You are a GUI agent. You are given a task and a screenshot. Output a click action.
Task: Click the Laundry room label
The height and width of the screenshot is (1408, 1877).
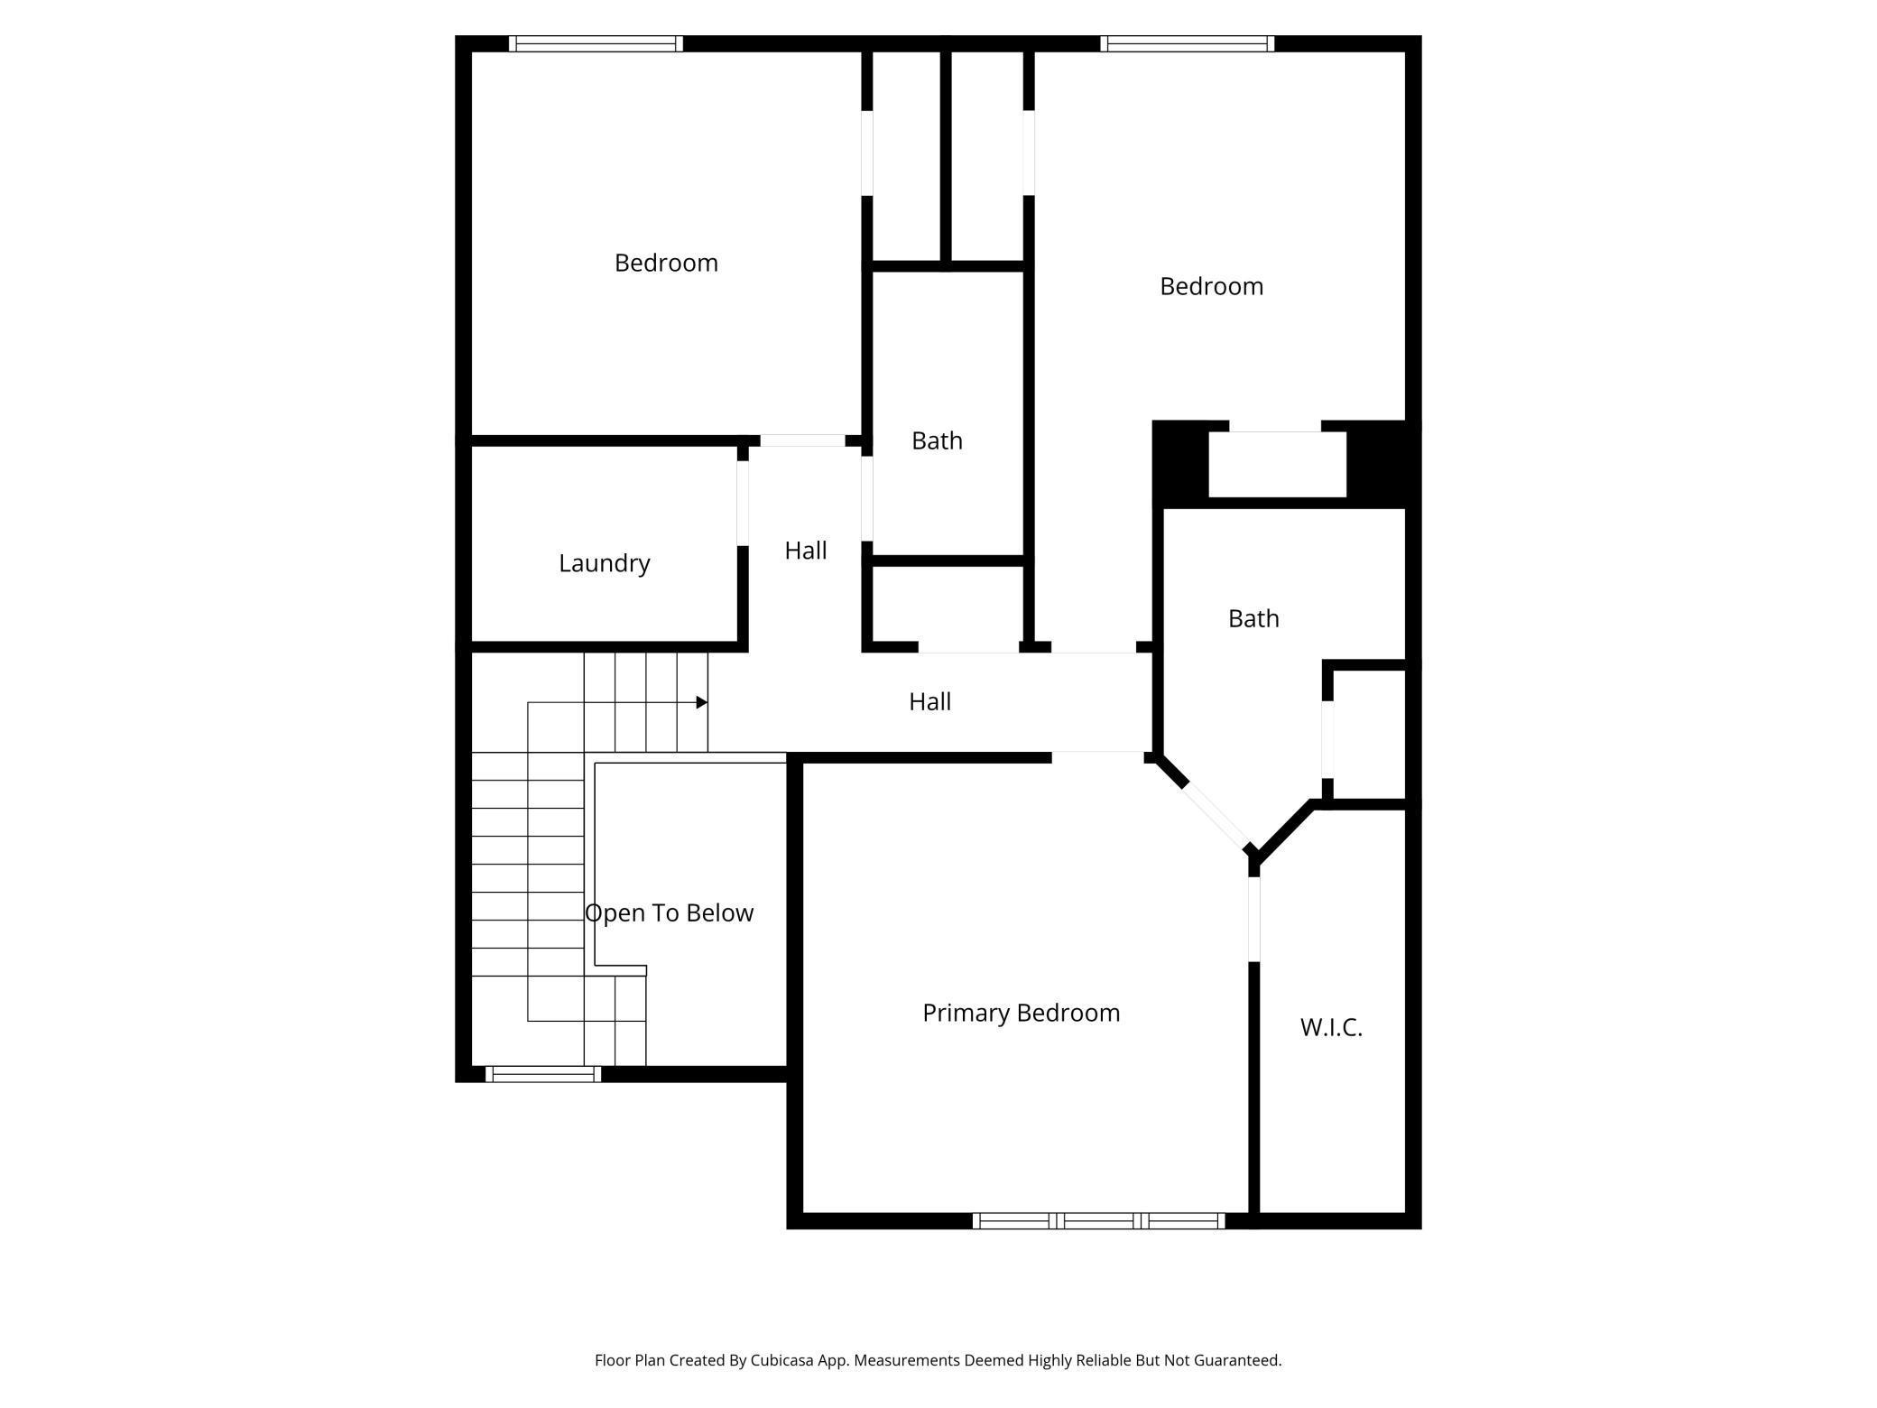604,563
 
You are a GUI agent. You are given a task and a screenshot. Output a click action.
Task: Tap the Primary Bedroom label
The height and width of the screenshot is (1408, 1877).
1021,1013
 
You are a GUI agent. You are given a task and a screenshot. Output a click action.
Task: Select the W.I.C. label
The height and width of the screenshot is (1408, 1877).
1331,1027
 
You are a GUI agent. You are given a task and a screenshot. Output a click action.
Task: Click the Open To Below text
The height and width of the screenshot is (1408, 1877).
669,912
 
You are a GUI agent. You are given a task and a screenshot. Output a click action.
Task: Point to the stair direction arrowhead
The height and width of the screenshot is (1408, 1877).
701,702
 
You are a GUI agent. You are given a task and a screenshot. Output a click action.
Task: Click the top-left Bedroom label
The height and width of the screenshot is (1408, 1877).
666,263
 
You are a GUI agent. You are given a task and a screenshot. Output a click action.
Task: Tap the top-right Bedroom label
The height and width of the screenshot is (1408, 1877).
1211,286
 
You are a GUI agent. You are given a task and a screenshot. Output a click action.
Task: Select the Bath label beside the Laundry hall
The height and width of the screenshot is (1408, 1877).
937,440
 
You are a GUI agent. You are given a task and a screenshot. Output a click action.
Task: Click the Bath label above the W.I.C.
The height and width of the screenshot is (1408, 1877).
1253,618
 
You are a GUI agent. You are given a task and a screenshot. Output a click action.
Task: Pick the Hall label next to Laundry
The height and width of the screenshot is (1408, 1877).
805,551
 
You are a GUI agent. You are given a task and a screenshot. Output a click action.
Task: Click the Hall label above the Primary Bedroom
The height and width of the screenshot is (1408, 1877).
929,701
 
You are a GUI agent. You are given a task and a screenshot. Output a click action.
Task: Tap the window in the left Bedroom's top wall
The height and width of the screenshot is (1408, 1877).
596,43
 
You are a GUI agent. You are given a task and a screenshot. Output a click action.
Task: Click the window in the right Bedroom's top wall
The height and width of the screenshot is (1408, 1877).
1187,43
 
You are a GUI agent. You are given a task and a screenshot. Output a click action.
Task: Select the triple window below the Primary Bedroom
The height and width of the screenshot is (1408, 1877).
1098,1221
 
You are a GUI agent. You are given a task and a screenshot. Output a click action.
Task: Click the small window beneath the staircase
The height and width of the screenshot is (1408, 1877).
543,1074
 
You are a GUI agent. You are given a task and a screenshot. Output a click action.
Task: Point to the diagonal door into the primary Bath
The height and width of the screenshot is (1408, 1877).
1216,816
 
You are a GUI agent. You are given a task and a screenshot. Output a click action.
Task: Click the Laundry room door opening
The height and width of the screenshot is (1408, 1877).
743,503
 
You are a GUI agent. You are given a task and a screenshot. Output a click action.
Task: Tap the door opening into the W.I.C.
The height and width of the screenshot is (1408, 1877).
1253,919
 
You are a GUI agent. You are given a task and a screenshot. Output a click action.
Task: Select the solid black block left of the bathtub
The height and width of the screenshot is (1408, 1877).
1180,464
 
